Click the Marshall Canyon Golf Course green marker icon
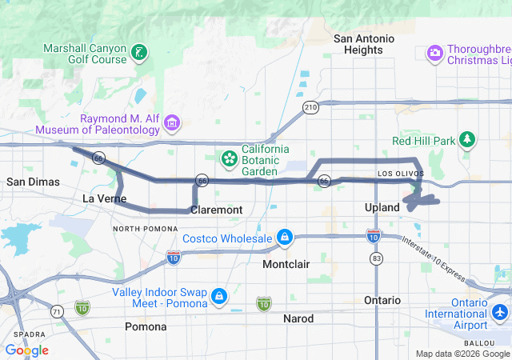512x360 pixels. click(x=140, y=53)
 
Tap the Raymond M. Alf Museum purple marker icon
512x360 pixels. click(x=172, y=123)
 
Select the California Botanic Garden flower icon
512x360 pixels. click(x=230, y=157)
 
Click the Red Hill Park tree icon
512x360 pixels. click(x=467, y=141)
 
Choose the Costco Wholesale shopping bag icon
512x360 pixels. click(x=283, y=238)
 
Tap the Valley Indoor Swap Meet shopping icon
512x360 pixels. click(x=218, y=298)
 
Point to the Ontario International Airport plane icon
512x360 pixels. click(x=501, y=311)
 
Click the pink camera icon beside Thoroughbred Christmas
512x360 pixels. click(x=434, y=53)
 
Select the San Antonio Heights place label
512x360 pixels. click(x=364, y=44)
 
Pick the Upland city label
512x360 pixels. click(x=382, y=207)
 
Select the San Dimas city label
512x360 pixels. click(x=33, y=182)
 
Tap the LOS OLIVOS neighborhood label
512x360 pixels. click(x=394, y=173)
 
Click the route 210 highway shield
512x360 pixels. click(x=310, y=106)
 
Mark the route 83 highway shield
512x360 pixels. click(x=376, y=258)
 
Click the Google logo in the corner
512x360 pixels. click(x=26, y=350)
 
